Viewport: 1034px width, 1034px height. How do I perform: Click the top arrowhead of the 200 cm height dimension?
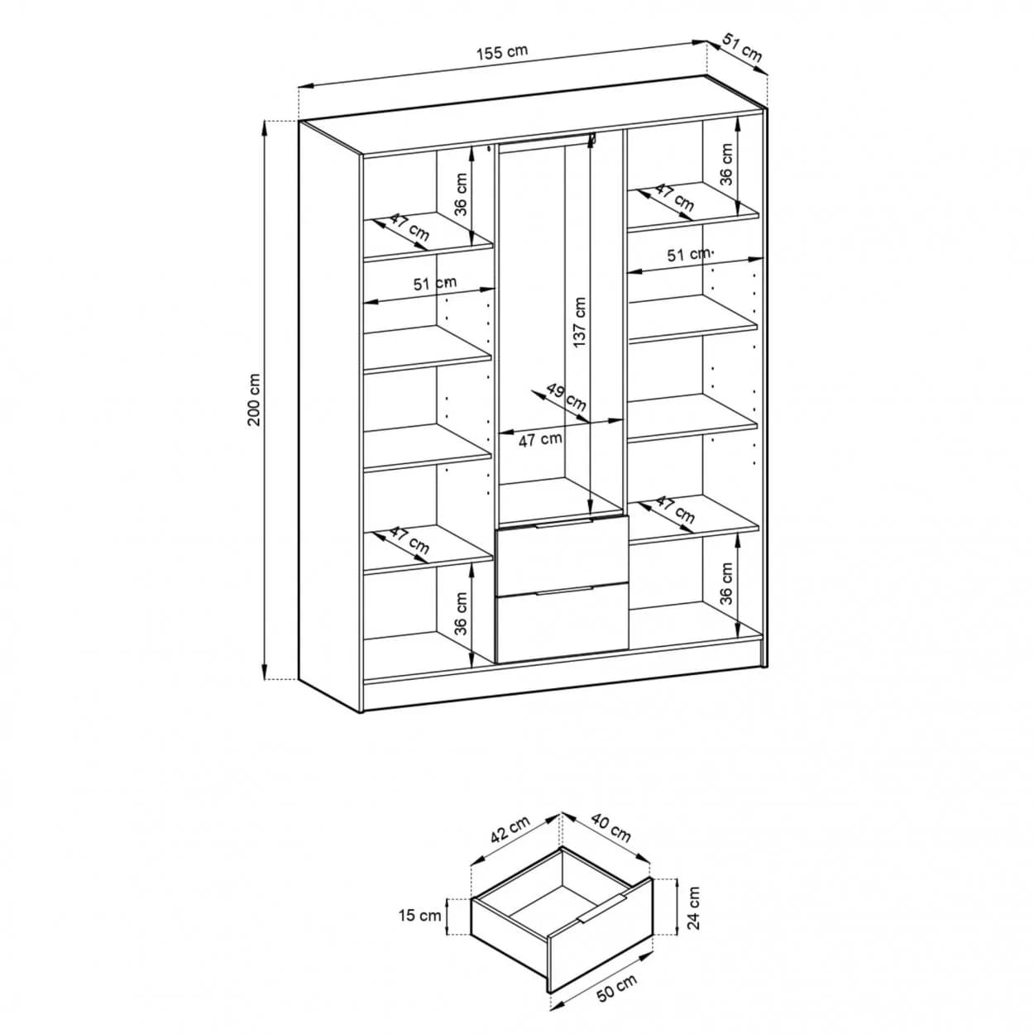264,123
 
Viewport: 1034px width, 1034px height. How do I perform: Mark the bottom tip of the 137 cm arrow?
590,513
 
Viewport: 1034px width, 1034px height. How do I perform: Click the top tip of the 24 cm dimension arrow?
677,879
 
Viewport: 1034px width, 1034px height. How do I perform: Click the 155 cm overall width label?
502,52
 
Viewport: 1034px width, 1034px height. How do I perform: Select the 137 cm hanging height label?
580,323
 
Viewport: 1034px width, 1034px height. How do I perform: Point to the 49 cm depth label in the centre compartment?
566,397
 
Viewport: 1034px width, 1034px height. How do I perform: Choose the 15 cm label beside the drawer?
420,916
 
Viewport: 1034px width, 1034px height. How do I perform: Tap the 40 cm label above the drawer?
611,827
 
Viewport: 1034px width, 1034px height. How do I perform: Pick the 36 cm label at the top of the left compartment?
461,194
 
